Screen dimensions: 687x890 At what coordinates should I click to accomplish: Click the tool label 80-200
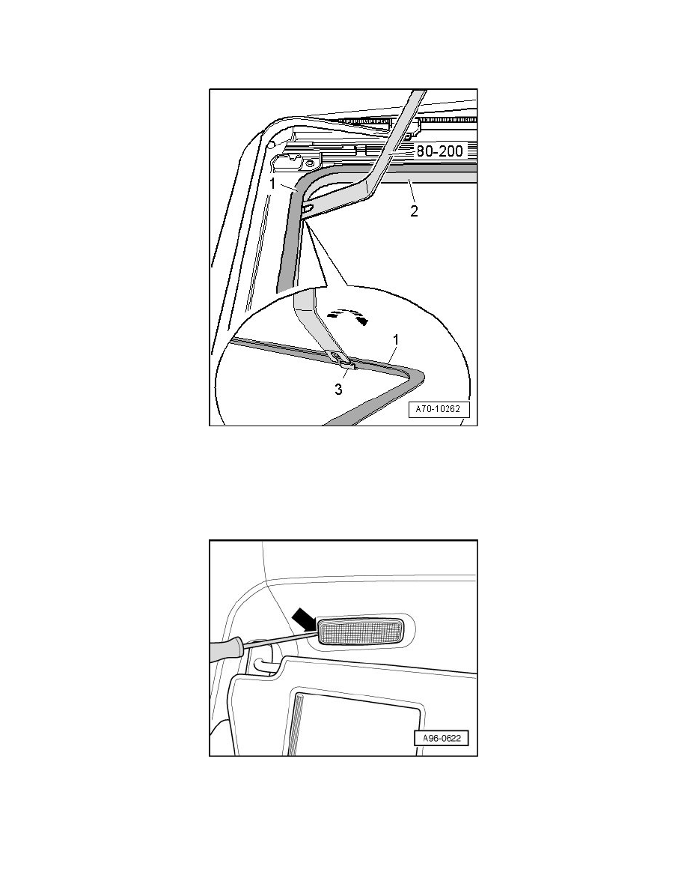coord(440,151)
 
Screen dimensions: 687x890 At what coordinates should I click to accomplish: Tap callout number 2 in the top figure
coord(415,211)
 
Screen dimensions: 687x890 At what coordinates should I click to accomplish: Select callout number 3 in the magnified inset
coord(338,390)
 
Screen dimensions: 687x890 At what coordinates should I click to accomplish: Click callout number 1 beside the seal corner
coord(272,184)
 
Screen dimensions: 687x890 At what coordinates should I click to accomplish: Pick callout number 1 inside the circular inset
coord(396,340)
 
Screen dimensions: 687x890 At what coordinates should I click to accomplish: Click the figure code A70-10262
coord(439,409)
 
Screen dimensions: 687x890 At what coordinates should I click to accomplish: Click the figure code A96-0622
coord(442,739)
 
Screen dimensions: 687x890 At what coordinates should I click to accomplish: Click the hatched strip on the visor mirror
coord(296,723)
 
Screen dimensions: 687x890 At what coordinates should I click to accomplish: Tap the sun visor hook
coord(262,666)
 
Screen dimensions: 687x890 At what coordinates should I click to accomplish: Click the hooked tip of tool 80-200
coord(307,210)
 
